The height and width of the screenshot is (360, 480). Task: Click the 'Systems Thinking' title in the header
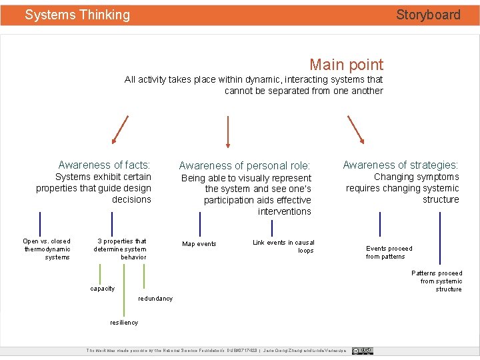77,15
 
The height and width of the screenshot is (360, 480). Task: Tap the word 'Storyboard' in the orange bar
428,15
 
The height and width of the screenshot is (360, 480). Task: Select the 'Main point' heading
346,65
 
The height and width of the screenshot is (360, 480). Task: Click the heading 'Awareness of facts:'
104,165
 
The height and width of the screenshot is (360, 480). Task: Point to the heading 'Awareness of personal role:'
245,165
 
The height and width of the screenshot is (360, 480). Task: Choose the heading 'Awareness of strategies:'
400,165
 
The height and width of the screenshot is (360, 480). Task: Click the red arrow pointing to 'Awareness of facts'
121,129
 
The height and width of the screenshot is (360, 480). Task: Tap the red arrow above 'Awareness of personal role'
228,131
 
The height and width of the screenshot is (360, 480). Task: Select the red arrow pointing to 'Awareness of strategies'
355,129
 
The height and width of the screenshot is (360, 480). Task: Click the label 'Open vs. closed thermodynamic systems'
47,249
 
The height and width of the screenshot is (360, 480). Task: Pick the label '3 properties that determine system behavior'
121,249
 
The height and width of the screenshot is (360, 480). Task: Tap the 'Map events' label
199,244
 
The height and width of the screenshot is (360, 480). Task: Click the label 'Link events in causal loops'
284,247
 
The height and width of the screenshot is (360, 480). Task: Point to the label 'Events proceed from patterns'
389,253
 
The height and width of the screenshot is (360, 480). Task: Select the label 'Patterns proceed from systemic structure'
437,281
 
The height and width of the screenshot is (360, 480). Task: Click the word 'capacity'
102,289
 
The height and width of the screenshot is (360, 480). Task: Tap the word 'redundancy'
155,299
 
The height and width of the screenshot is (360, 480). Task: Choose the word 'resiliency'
124,323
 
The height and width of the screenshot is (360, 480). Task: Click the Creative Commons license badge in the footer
363,351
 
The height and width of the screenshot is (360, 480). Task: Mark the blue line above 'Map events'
200,223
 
